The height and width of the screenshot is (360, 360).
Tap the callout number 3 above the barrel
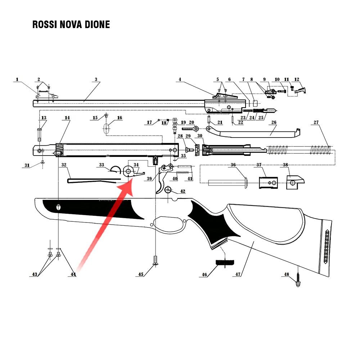96,80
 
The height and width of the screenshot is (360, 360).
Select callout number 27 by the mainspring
316,122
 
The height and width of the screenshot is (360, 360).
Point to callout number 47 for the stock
238,274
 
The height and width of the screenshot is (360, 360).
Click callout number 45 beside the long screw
141,274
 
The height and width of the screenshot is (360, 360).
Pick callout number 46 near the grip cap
205,274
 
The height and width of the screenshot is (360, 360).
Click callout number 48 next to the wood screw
287,274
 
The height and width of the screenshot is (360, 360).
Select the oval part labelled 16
107,128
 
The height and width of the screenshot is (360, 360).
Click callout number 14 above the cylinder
67,118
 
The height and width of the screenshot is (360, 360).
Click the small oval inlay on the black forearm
59,208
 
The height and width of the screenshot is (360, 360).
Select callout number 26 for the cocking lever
274,122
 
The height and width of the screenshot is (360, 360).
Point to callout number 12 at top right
297,80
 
